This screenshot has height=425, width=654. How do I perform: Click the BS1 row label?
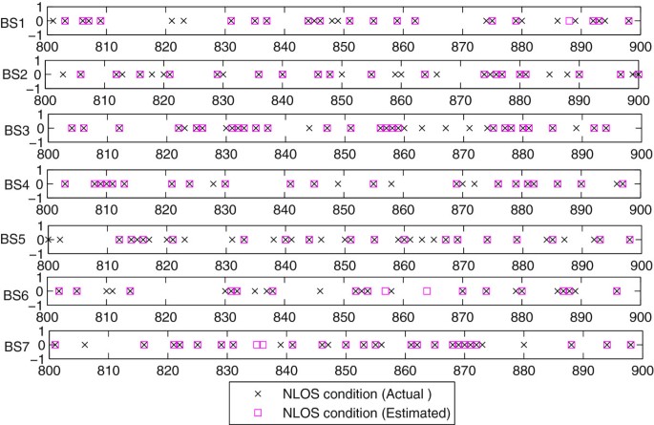coord(13,21)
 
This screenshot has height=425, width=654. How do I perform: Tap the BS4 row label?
coord(13,183)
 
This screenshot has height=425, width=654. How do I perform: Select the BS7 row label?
coord(13,346)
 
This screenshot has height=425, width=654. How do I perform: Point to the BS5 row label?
coord(13,238)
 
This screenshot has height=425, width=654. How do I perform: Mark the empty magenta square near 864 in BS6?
coord(427,291)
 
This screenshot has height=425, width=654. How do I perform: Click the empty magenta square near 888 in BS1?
coord(569,20)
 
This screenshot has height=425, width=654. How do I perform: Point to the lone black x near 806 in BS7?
coord(84,345)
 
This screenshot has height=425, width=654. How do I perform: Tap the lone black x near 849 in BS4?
coord(338,183)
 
